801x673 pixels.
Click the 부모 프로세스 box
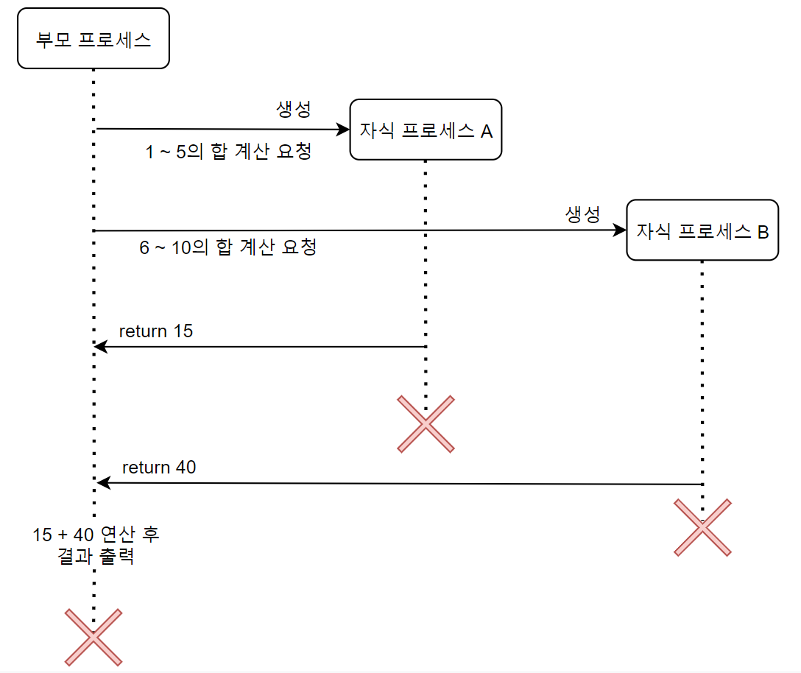click(x=93, y=38)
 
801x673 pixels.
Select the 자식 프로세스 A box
click(x=426, y=130)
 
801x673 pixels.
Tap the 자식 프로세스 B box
click(x=702, y=230)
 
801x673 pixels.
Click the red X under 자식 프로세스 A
click(x=426, y=423)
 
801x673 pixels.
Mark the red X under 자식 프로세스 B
click(x=702, y=527)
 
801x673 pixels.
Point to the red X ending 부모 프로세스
click(x=93, y=637)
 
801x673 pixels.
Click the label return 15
click(x=156, y=331)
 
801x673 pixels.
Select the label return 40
click(x=159, y=467)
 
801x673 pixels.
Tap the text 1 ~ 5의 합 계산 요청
click(x=229, y=152)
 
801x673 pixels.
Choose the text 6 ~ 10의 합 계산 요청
click(x=228, y=247)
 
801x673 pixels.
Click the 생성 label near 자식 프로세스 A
click(x=294, y=109)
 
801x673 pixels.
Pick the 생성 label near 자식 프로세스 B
click(x=583, y=214)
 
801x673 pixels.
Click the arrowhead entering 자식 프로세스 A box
click(x=343, y=130)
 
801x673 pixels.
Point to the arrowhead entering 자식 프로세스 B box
click(x=620, y=230)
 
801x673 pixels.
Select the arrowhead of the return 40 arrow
click(x=103, y=483)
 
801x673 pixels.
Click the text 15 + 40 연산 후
click(x=96, y=534)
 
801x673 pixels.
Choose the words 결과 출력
click(x=96, y=556)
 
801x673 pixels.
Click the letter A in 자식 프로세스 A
click(x=487, y=131)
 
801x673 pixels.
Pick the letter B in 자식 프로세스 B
click(x=763, y=232)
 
